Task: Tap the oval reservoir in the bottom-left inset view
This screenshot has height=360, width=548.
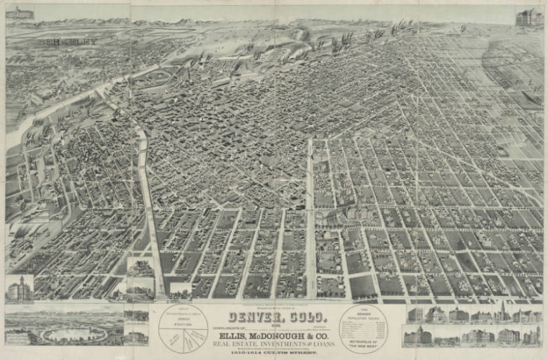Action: point(74,335)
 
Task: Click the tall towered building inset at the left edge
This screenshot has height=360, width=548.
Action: point(19,289)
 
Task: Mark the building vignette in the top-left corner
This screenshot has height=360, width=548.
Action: point(19,13)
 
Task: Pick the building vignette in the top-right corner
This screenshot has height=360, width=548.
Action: point(529,17)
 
